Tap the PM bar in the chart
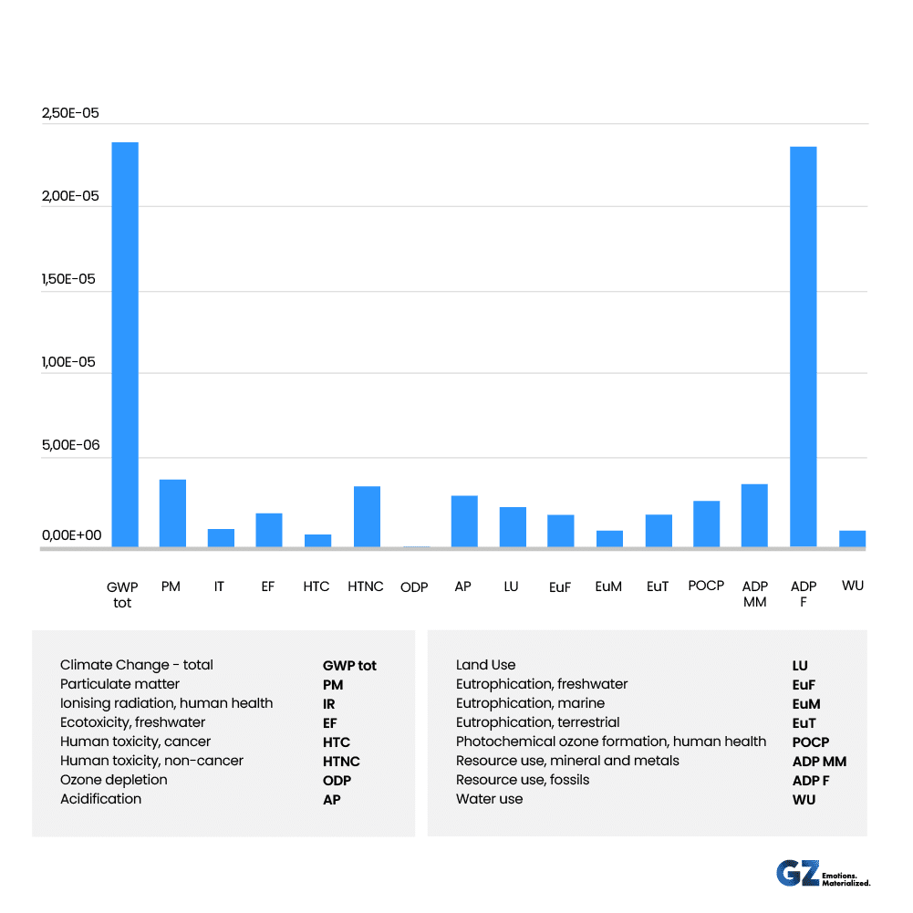click(172, 514)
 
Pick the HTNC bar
click(367, 517)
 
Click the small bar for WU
click(852, 539)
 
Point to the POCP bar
click(706, 524)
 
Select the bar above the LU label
click(513, 527)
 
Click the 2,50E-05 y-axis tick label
click(70, 114)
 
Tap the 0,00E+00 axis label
click(71, 535)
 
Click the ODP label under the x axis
click(414, 587)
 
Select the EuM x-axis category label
click(608, 586)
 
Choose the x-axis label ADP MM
click(755, 594)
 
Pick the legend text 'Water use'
click(490, 799)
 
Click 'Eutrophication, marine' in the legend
click(530, 703)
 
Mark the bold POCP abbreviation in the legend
click(811, 742)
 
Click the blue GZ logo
click(796, 873)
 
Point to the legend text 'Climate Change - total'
click(137, 665)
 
